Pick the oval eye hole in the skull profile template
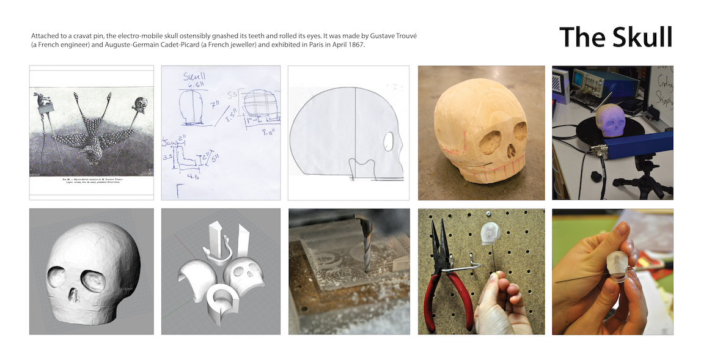coord(388,142)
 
